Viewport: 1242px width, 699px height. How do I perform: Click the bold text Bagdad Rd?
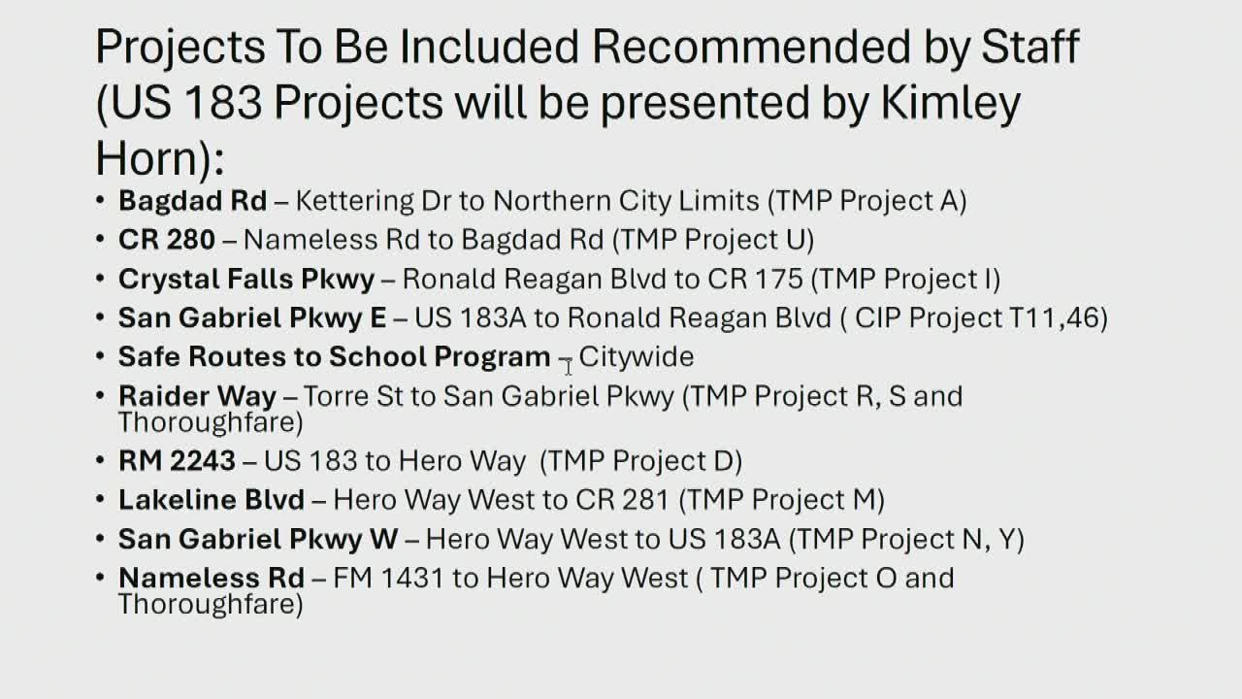click(x=192, y=201)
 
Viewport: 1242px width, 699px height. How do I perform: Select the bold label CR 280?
click(x=167, y=240)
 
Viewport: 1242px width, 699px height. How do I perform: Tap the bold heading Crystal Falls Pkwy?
click(x=246, y=280)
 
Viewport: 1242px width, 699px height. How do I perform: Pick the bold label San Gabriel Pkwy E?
click(x=252, y=318)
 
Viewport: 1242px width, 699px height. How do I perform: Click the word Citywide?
click(x=637, y=356)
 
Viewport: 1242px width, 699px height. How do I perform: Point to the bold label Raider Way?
click(x=197, y=397)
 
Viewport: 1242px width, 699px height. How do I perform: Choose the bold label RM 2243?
click(x=177, y=461)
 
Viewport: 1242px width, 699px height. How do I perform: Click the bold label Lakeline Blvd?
click(x=212, y=500)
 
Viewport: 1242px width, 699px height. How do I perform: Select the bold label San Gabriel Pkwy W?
click(x=258, y=540)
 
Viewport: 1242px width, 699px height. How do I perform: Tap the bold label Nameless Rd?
click(x=212, y=578)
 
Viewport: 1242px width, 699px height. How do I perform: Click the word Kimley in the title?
click(x=950, y=104)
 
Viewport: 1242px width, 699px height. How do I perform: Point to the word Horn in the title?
click(x=147, y=158)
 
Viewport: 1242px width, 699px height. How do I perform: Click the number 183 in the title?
click(x=222, y=103)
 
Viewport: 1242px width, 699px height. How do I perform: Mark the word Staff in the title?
click(x=1030, y=46)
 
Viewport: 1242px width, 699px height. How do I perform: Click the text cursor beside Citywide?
click(x=568, y=367)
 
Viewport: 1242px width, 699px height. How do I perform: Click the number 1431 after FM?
click(x=412, y=578)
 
